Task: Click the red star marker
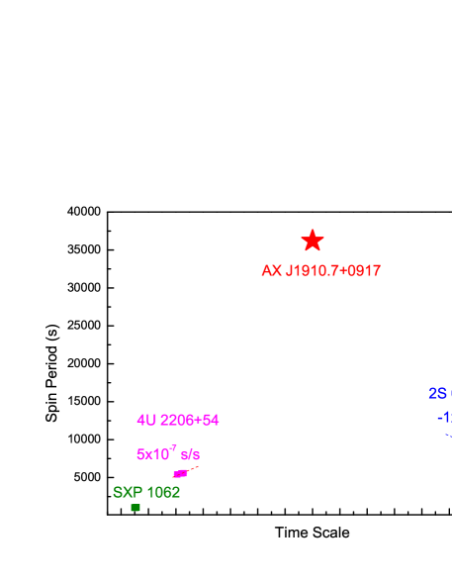pyautogui.click(x=313, y=241)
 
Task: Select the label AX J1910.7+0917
pyautogui.click(x=320, y=271)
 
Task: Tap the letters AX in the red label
pyautogui.click(x=271, y=271)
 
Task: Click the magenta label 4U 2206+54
pyautogui.click(x=178, y=420)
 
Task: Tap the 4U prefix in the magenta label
pyautogui.click(x=146, y=420)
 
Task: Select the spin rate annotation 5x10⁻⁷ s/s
pyautogui.click(x=167, y=454)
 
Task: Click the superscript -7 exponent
pyautogui.click(x=173, y=448)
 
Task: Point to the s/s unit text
pyautogui.click(x=190, y=455)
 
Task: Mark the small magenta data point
pyautogui.click(x=180, y=474)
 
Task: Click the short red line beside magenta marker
pyautogui.click(x=193, y=468)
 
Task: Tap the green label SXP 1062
pyautogui.click(x=146, y=492)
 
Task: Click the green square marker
pyautogui.click(x=136, y=508)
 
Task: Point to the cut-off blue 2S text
pyautogui.click(x=439, y=394)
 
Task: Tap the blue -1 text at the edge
pyautogui.click(x=444, y=418)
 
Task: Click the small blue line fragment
pyautogui.click(x=448, y=435)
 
